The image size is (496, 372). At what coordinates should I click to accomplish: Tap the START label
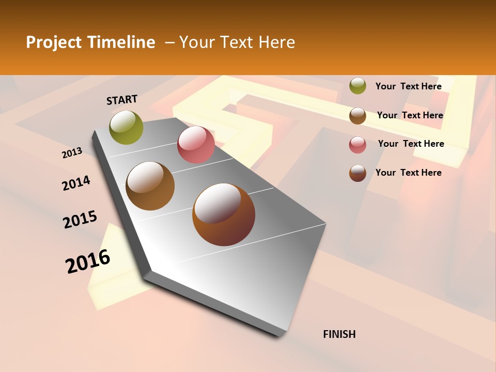coord(122,100)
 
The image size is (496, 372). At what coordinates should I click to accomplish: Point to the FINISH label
coord(339,334)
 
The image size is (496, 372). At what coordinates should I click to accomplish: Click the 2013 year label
coord(72,153)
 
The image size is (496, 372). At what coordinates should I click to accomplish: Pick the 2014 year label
coord(76,183)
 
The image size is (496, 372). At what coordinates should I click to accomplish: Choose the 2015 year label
coord(80,220)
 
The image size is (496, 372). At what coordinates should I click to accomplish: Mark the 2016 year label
coord(88,261)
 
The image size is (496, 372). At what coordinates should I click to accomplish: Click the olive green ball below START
coord(126,127)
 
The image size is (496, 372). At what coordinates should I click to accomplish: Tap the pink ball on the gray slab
coord(196,145)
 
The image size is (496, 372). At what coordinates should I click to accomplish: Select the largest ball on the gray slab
coord(224,214)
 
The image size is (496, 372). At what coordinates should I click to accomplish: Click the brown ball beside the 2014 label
coord(150,186)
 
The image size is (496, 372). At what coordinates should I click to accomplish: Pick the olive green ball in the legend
coord(358,86)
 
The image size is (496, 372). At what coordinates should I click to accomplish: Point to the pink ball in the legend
coord(358,145)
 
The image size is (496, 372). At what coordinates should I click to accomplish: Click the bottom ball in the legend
coord(358,173)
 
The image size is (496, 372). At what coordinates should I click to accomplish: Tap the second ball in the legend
coord(358,116)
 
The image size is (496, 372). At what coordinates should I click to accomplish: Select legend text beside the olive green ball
coord(408,86)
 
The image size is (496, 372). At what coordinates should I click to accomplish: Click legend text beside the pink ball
coord(411,144)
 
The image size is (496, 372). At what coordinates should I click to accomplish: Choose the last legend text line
coord(408,173)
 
